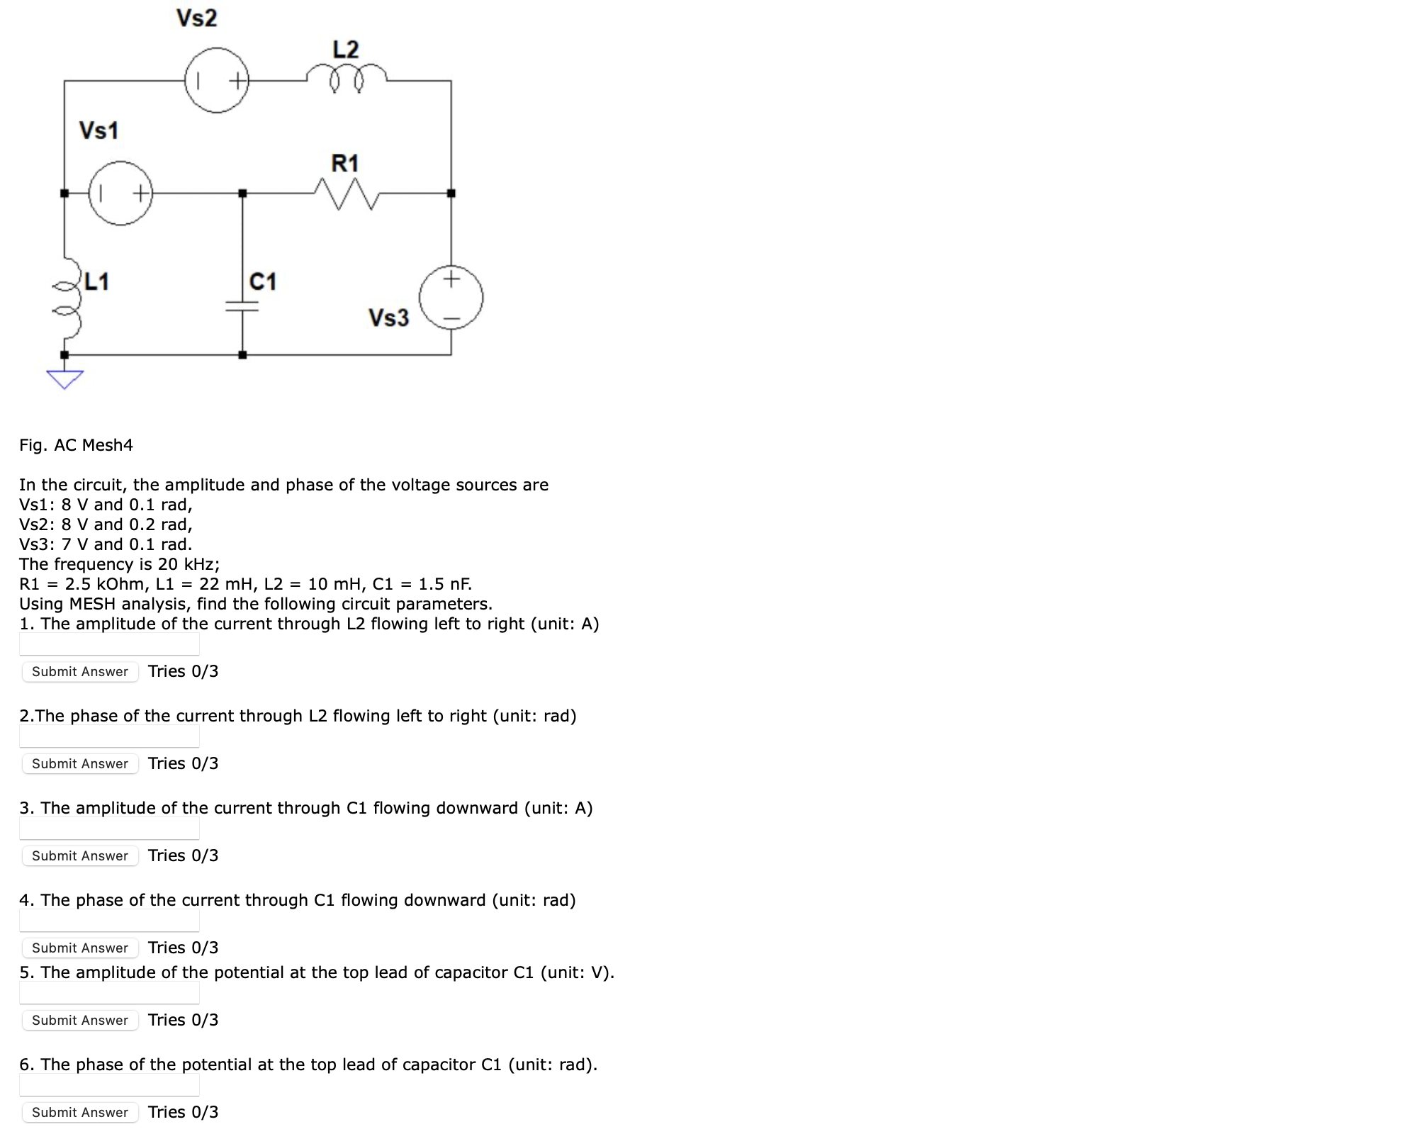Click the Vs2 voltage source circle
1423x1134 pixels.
[217, 80]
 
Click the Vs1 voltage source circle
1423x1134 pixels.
[120, 193]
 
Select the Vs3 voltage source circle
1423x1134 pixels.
[451, 298]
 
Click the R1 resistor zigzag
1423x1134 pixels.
[346, 193]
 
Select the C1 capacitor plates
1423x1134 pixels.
[242, 305]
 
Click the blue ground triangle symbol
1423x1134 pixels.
[64, 378]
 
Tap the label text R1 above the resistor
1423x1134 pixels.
[345, 164]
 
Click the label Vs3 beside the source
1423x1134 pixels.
[388, 318]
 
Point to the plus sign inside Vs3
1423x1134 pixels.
[451, 279]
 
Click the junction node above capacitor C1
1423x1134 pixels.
[242, 193]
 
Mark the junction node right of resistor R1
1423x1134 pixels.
[451, 193]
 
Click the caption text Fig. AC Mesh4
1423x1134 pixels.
[76, 445]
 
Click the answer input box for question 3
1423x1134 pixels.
[109, 828]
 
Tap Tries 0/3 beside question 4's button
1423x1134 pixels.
[183, 948]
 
